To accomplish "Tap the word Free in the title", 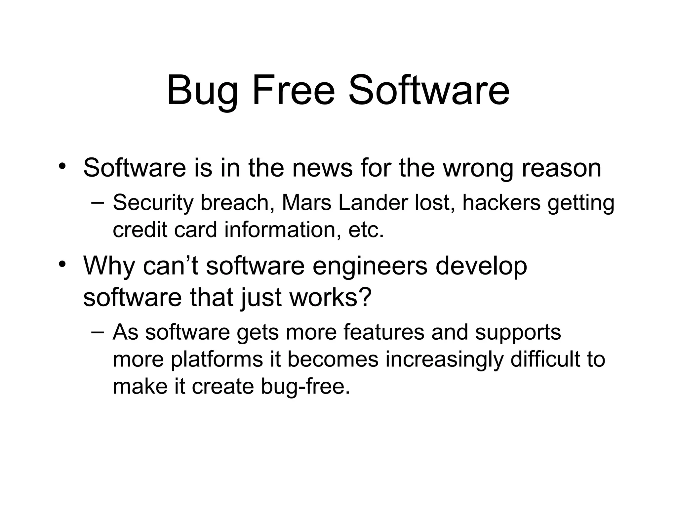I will click(x=294, y=90).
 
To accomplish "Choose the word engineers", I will click(x=370, y=267).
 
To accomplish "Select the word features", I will click(x=383, y=332).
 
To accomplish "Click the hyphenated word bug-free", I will click(x=305, y=386).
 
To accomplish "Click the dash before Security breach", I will click(x=98, y=202).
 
